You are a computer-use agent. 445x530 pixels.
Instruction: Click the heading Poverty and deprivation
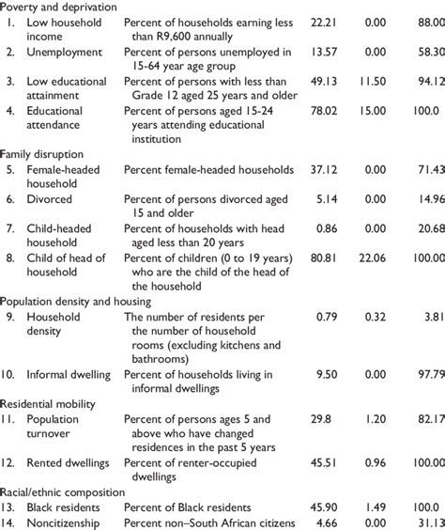coord(59,7)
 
